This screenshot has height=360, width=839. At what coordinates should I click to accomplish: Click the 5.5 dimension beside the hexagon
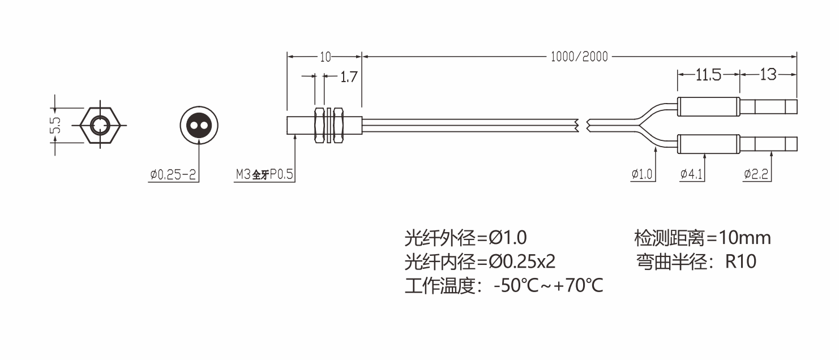point(55,125)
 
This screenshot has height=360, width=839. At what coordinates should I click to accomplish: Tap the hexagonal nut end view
point(100,125)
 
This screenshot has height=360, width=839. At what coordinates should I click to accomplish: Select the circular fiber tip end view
point(199,125)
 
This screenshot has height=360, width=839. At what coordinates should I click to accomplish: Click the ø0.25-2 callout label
point(173,174)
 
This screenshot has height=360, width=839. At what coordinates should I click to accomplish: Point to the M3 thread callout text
point(264,174)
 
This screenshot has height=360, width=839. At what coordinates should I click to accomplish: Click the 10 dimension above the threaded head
point(325,57)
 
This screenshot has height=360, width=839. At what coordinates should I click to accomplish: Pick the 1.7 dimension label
point(349,77)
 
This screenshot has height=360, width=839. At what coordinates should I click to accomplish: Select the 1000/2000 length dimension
point(579,57)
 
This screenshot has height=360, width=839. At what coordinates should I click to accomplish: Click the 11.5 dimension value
point(708,75)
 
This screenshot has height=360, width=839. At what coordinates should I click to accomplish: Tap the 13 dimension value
point(768,75)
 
